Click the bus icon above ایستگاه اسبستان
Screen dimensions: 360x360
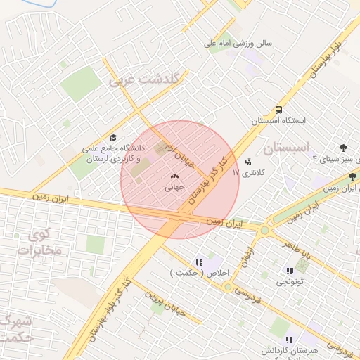coord(279,110)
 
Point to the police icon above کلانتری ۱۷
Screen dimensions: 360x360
coord(248,162)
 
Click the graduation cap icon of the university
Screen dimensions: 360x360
coord(113,138)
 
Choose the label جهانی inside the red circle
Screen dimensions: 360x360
coord(174,188)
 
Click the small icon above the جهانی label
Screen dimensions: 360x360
coord(174,176)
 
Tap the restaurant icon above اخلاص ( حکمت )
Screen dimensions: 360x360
coord(199,262)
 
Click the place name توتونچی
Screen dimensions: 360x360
coord(289,281)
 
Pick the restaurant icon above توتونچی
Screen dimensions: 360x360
coord(289,270)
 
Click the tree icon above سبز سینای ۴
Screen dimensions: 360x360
coord(343,148)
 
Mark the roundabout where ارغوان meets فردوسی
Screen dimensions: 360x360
coord(227,286)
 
